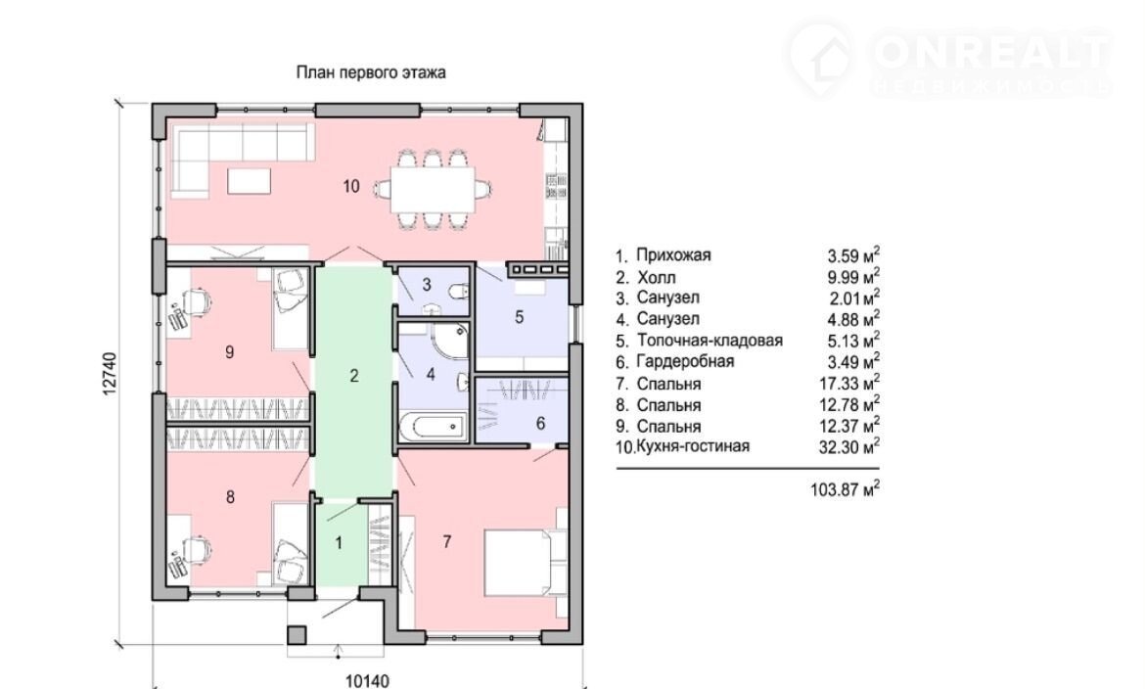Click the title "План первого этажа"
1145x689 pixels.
click(371, 72)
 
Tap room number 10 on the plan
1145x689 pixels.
click(352, 185)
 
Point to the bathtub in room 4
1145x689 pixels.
click(432, 425)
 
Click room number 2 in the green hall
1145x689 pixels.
click(355, 375)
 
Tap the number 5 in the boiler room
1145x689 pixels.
click(520, 316)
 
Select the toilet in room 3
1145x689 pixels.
click(454, 291)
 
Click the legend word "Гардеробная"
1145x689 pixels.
click(685, 362)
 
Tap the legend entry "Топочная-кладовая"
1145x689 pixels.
click(710, 341)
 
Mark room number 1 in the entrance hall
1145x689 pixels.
click(340, 541)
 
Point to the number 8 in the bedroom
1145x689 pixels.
click(230, 497)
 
